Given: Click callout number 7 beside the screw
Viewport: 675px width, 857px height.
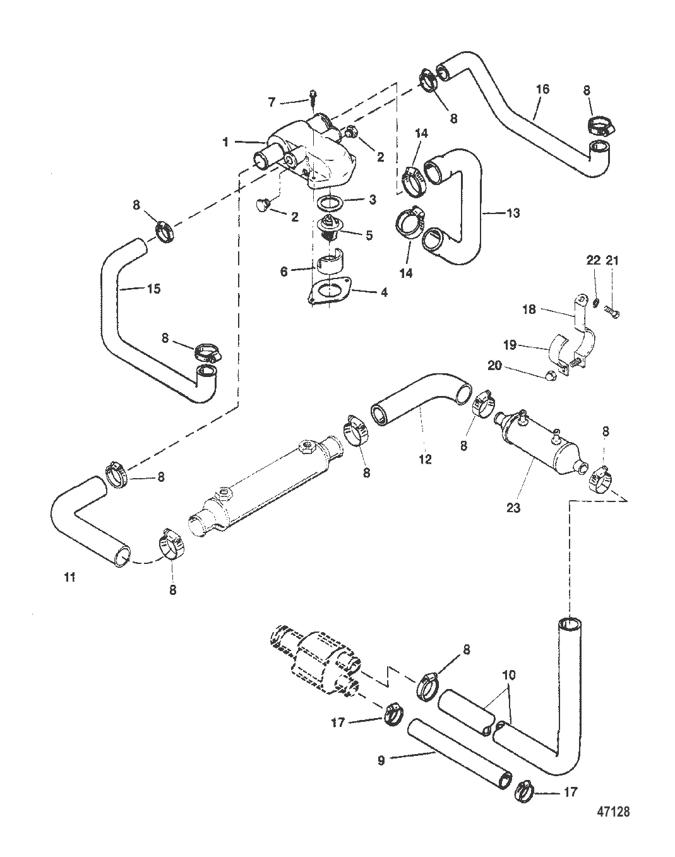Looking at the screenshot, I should pyautogui.click(x=272, y=102).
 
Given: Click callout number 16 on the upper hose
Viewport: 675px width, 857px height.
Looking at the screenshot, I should pyautogui.click(x=542, y=89).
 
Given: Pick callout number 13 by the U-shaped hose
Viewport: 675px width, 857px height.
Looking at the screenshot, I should pyautogui.click(x=513, y=213).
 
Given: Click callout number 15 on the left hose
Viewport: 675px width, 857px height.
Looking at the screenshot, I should pyautogui.click(x=153, y=289).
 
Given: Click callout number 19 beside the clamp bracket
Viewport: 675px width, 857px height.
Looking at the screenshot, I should pyautogui.click(x=510, y=345).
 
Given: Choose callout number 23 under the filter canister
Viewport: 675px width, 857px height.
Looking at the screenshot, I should pyautogui.click(x=513, y=507).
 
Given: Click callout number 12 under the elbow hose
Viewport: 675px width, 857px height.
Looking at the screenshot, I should pyautogui.click(x=425, y=459).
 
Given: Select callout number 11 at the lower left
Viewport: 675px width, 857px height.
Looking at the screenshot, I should pyautogui.click(x=69, y=577).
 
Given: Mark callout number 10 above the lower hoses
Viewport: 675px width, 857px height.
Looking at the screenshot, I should pyautogui.click(x=509, y=675).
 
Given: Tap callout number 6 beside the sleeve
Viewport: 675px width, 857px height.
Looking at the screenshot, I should pyautogui.click(x=284, y=271).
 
